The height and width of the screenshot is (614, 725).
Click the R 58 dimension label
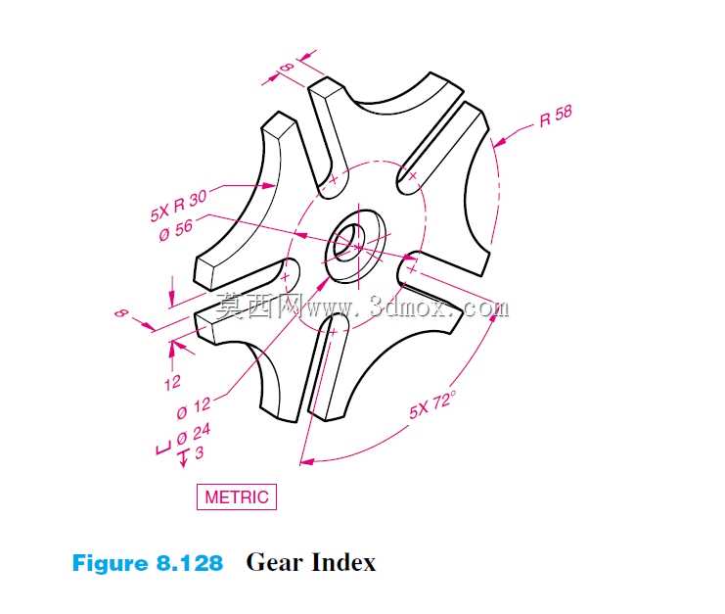pos(556,116)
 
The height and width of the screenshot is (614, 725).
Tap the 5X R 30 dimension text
pos(178,206)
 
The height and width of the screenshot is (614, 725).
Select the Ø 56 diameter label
pos(176,229)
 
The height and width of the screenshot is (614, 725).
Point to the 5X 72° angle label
pos(432,403)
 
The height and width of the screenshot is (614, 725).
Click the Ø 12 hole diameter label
pos(194,407)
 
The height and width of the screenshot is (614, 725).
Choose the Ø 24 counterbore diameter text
pos(194,434)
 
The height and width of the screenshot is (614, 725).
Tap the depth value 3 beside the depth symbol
pos(199,452)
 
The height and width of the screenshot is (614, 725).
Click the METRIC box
pos(236,496)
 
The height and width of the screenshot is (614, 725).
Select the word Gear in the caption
pos(274,563)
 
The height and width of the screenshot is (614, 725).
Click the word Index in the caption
pos(343,563)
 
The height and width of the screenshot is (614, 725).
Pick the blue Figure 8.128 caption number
pos(148,563)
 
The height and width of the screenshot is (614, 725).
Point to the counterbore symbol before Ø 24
pos(163,449)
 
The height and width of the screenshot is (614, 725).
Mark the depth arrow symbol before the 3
pos(184,458)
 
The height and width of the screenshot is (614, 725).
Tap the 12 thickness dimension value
pos(172,383)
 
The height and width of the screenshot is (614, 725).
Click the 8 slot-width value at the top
pos(287,68)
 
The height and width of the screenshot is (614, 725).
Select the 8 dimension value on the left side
pos(121,313)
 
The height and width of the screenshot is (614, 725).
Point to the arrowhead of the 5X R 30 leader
pos(269,185)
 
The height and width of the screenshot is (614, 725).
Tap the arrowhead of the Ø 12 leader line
pos(321,284)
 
